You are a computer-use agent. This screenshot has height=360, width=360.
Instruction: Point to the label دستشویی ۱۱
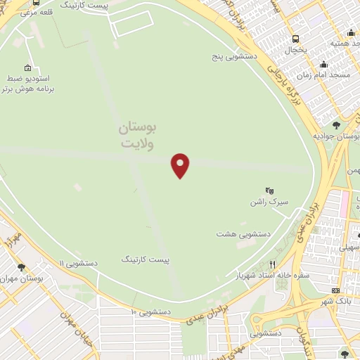pos(79,262)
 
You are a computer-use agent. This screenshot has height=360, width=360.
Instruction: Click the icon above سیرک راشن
pos(268,190)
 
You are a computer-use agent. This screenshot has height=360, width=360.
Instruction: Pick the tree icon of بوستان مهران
pos(22,267)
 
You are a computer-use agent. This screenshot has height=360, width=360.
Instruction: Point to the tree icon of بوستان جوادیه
pos(337,124)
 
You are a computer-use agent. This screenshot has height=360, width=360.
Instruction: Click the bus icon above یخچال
pos(294,39)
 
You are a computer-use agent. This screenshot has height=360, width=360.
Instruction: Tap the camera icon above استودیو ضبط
pos(28,68)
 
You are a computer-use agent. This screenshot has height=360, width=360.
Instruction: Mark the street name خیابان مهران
pos(84,335)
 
